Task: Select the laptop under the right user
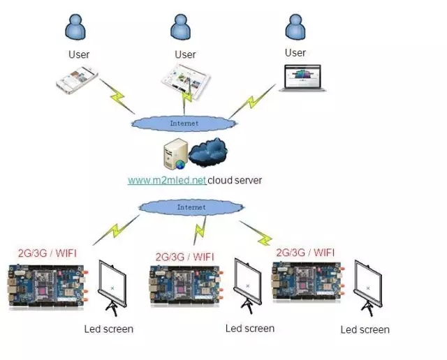(x=302, y=78)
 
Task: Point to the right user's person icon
(x=296, y=27)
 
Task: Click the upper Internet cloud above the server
(x=184, y=123)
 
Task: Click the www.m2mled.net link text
(x=167, y=180)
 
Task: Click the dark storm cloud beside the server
(x=209, y=152)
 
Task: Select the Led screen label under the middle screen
(x=250, y=328)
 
